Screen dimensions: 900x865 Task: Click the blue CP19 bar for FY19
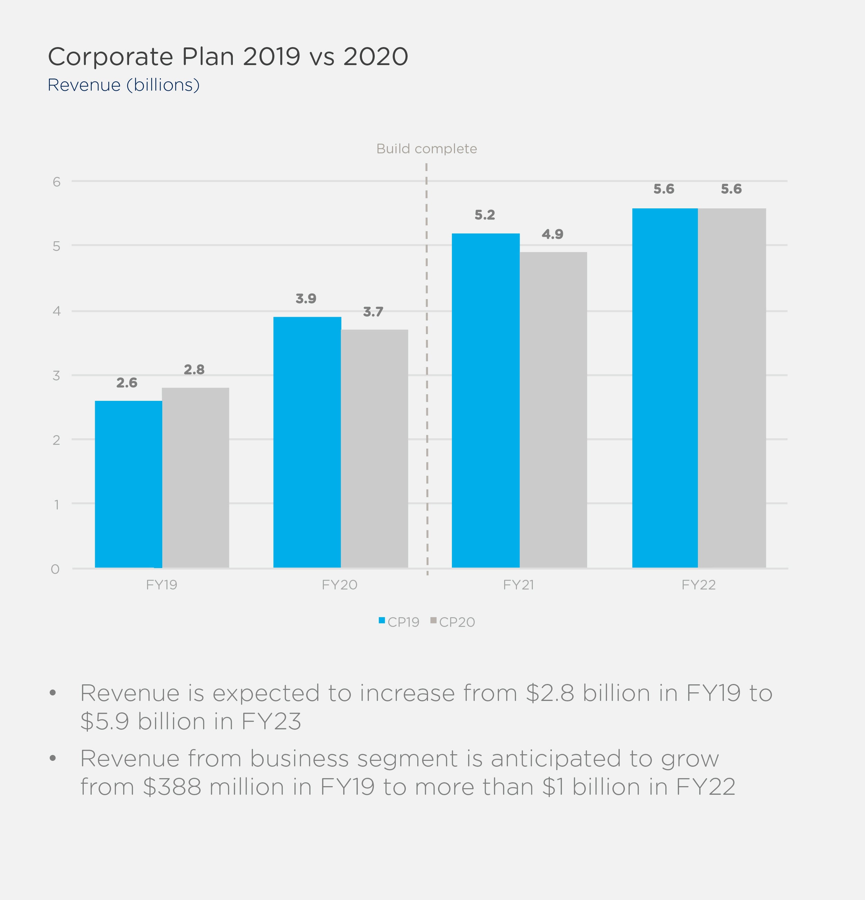[128, 484]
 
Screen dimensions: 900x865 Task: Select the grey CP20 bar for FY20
[374, 449]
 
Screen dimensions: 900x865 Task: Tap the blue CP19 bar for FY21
[485, 400]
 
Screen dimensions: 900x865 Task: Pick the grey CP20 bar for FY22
[732, 388]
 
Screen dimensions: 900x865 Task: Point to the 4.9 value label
[553, 235]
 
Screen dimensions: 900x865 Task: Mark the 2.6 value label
[127, 383]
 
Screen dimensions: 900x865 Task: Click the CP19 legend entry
[399, 622]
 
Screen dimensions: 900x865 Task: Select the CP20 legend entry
[453, 622]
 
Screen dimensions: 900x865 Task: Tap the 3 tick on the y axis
[56, 376]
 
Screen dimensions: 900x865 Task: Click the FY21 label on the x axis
[519, 585]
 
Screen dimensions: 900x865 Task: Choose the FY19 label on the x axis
[162, 585]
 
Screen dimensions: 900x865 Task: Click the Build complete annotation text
[427, 149]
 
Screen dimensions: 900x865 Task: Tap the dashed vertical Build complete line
[427, 367]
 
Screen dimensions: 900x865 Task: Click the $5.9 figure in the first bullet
[104, 721]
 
